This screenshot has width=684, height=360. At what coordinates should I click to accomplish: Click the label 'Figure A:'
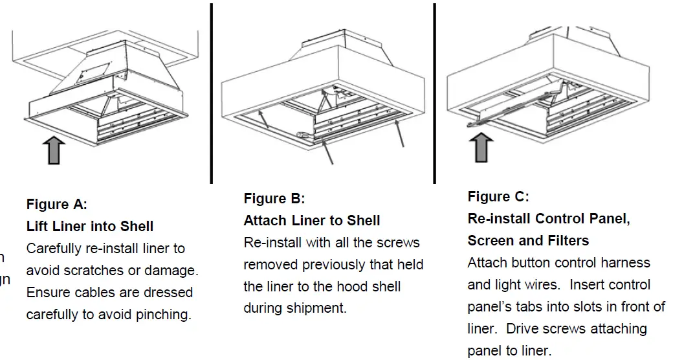point(56,205)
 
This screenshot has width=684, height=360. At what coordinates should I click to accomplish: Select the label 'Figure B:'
point(274,198)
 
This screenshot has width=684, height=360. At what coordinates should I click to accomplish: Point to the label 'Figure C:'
point(498,196)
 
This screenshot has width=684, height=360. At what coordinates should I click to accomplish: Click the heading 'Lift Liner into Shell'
point(90,227)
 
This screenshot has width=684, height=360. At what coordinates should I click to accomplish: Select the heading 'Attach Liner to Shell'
point(311,220)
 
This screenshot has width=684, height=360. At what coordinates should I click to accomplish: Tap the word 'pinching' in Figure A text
point(165,315)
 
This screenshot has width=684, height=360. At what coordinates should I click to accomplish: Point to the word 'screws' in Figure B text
point(398,243)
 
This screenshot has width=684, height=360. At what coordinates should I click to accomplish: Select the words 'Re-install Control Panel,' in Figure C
point(549,218)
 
